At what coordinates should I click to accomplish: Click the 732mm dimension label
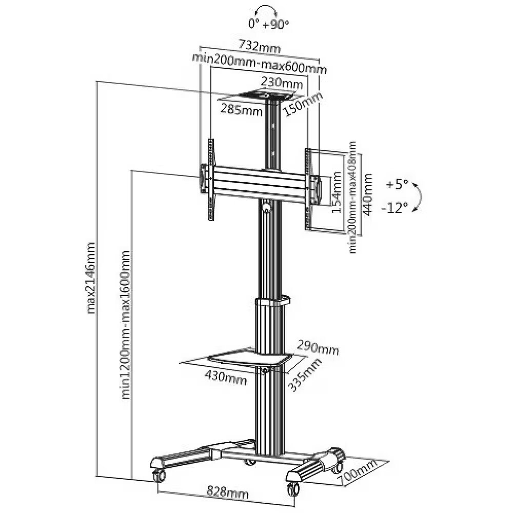click(260, 46)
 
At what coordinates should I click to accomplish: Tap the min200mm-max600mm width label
click(259, 64)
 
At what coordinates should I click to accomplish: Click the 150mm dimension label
click(303, 104)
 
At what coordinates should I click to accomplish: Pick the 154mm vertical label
click(337, 193)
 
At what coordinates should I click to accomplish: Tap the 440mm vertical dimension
click(368, 194)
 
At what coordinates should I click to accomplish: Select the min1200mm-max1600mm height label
click(126, 325)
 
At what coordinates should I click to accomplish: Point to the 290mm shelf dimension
click(318, 347)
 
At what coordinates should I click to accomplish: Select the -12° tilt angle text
click(395, 208)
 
